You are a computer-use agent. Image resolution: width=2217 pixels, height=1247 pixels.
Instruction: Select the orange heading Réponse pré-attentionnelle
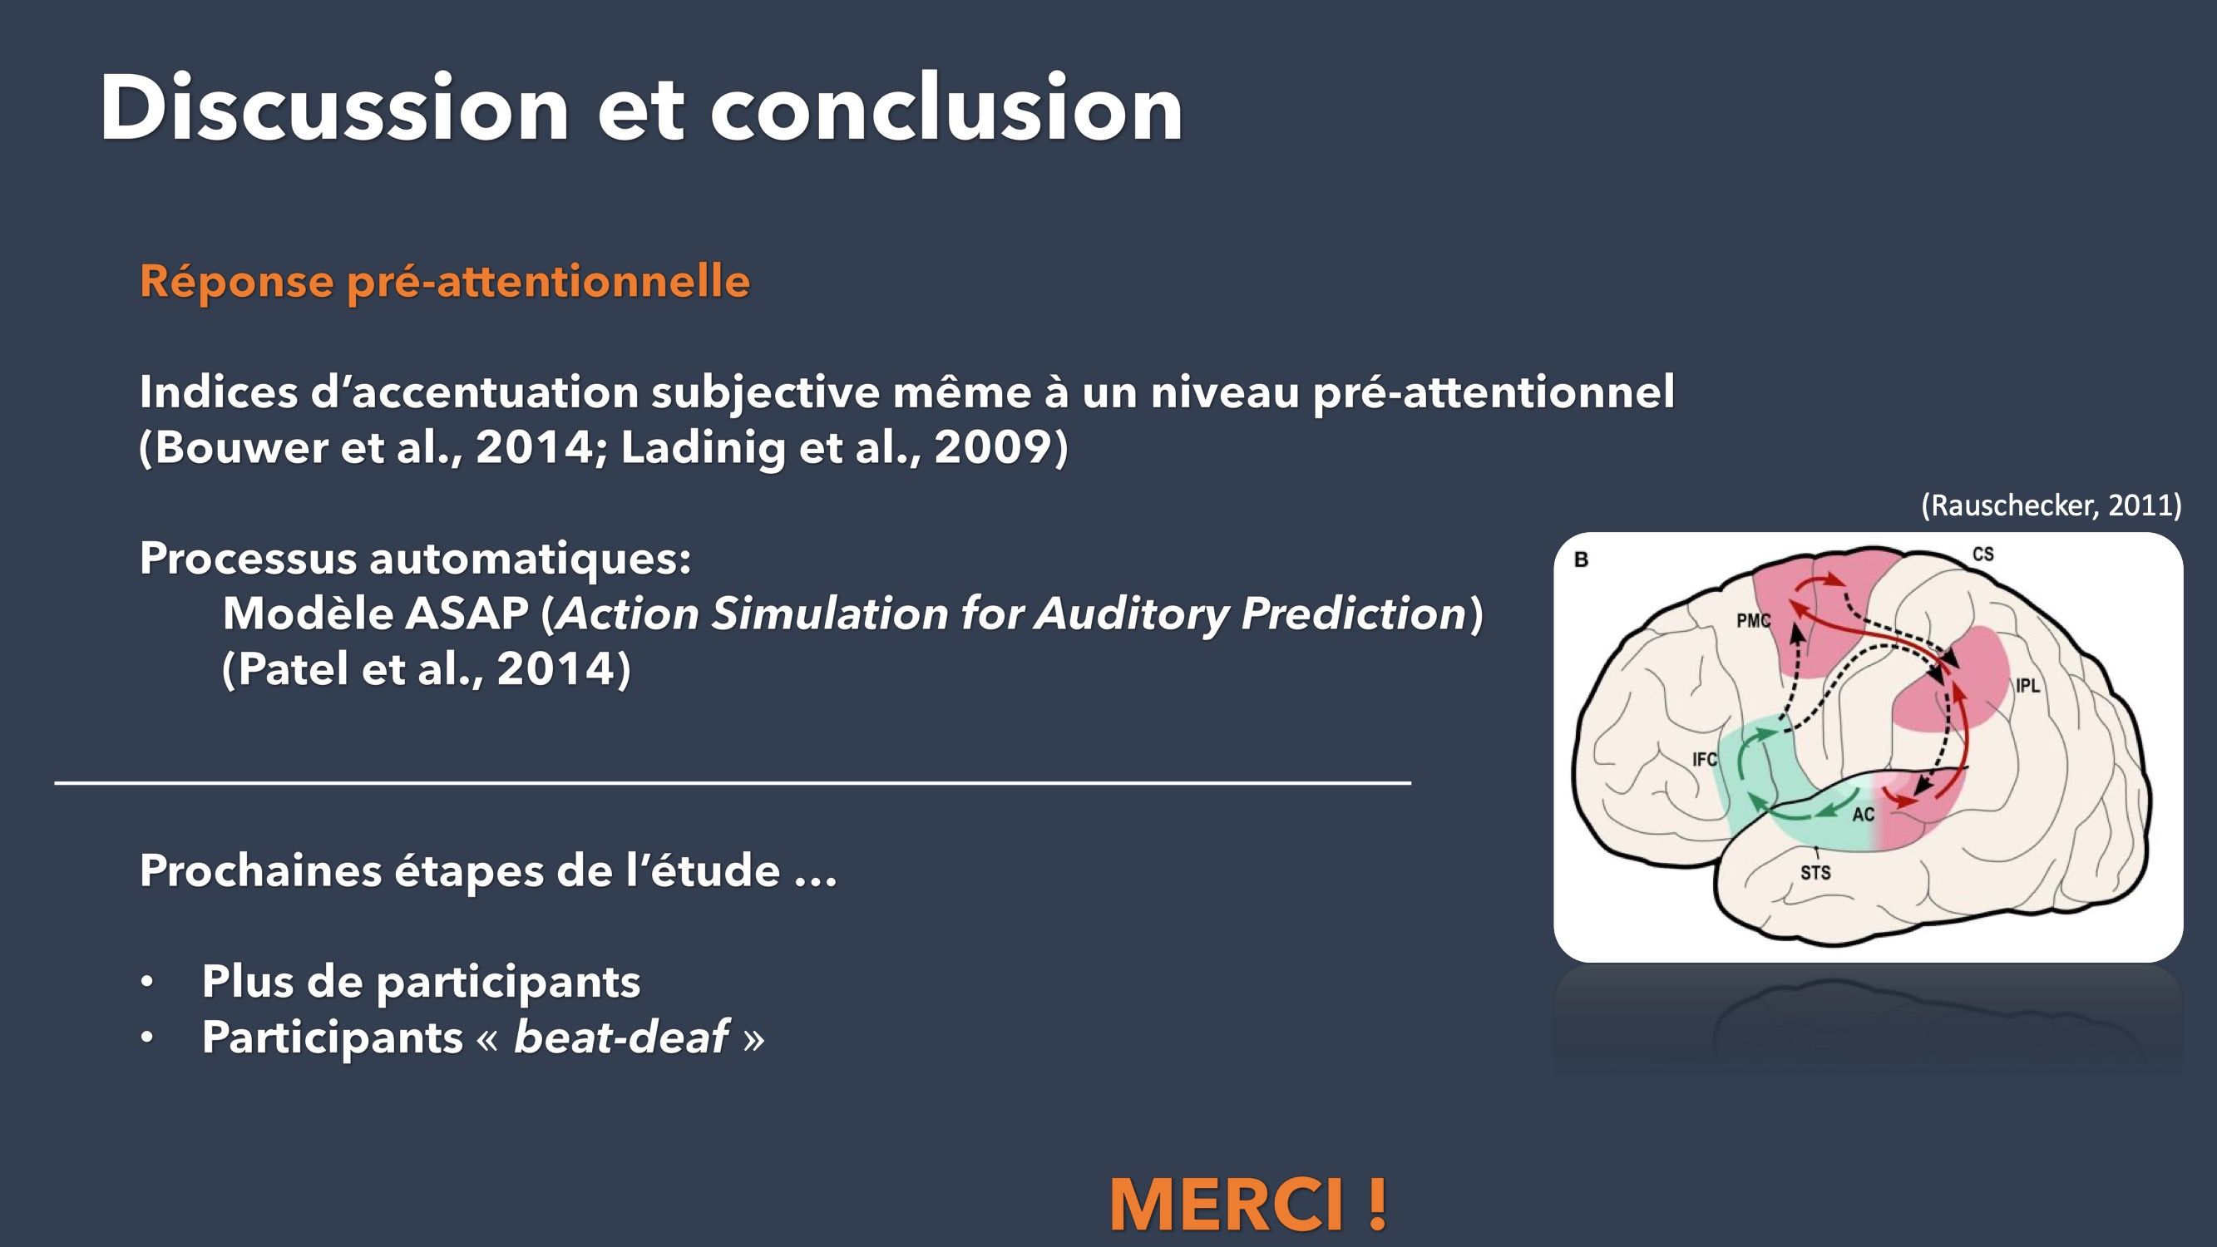pyautogui.click(x=445, y=283)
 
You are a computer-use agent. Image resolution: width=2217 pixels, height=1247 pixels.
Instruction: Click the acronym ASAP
pyautogui.click(x=466, y=613)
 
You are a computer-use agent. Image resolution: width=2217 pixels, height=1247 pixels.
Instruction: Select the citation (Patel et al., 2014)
pyautogui.click(x=426, y=668)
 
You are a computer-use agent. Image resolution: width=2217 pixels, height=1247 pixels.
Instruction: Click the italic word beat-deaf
pyautogui.click(x=620, y=1036)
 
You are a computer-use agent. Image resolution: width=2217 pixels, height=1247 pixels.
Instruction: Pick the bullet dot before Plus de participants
pyautogui.click(x=147, y=982)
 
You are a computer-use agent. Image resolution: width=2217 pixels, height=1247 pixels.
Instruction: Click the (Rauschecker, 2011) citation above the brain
pyautogui.click(x=2051, y=505)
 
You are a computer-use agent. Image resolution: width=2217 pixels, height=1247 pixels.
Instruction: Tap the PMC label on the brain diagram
pyautogui.click(x=1753, y=620)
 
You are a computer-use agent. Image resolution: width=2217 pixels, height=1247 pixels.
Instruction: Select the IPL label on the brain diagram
pyautogui.click(x=2027, y=686)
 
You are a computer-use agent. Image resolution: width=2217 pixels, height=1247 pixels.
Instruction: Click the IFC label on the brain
pyautogui.click(x=1704, y=759)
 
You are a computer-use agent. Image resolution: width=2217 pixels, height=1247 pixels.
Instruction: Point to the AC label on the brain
pyautogui.click(x=1864, y=814)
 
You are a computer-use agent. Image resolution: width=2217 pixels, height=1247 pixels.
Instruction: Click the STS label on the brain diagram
pyautogui.click(x=1816, y=873)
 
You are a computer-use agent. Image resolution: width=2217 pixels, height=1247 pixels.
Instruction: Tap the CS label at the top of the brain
pyautogui.click(x=1982, y=554)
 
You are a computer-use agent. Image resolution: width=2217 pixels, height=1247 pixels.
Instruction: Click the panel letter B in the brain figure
pyautogui.click(x=1581, y=559)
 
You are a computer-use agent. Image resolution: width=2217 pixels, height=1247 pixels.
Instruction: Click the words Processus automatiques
pyautogui.click(x=415, y=559)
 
